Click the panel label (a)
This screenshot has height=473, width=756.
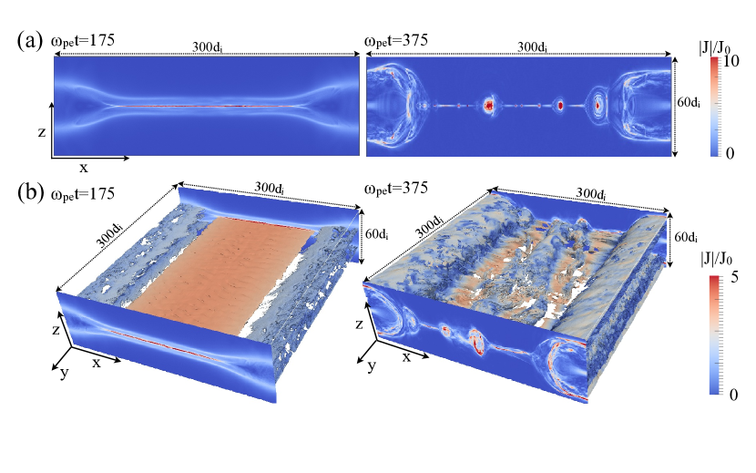coord(30,39)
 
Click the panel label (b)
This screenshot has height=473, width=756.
coord(30,192)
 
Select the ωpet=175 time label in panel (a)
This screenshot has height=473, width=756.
coord(83,40)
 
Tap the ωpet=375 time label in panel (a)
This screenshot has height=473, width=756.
coord(396,40)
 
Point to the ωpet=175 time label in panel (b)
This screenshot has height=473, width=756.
coord(83,193)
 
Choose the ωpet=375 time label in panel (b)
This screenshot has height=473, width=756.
coord(396,188)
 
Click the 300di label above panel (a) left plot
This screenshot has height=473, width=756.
coord(208,47)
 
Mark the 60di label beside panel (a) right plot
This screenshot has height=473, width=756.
coord(688,102)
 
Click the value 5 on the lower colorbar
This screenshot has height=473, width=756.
coord(734,278)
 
